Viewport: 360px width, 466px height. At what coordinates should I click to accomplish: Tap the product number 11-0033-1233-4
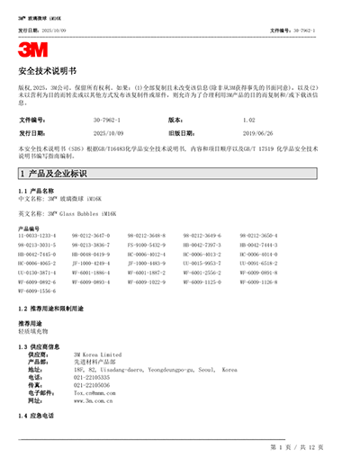(x=37, y=235)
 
